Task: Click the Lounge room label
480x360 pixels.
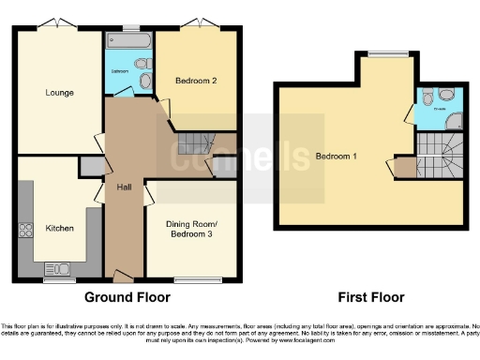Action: click(x=59, y=92)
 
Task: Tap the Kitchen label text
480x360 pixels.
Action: click(x=59, y=228)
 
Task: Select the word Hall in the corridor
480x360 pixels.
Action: click(x=123, y=187)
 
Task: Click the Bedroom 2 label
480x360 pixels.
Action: click(x=198, y=81)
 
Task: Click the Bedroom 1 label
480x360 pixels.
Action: click(x=336, y=155)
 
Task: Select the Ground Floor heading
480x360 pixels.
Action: click(x=127, y=297)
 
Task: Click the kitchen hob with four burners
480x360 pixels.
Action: click(x=26, y=231)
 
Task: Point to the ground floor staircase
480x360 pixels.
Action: click(x=191, y=143)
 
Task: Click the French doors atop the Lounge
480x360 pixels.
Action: click(x=58, y=23)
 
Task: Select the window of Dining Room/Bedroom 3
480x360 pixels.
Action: click(x=191, y=278)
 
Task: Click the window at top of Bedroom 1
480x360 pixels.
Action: click(x=382, y=54)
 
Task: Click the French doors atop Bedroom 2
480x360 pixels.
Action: click(x=198, y=23)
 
